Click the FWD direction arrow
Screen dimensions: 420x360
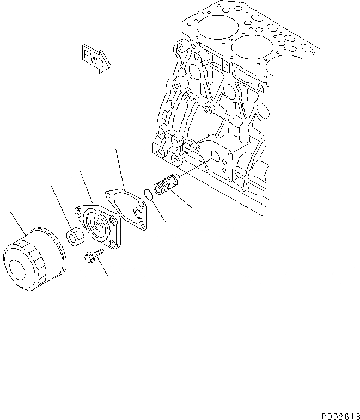[x=95, y=58]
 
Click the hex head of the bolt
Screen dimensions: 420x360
[x=89, y=258]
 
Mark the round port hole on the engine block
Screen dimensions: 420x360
[x=216, y=157]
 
